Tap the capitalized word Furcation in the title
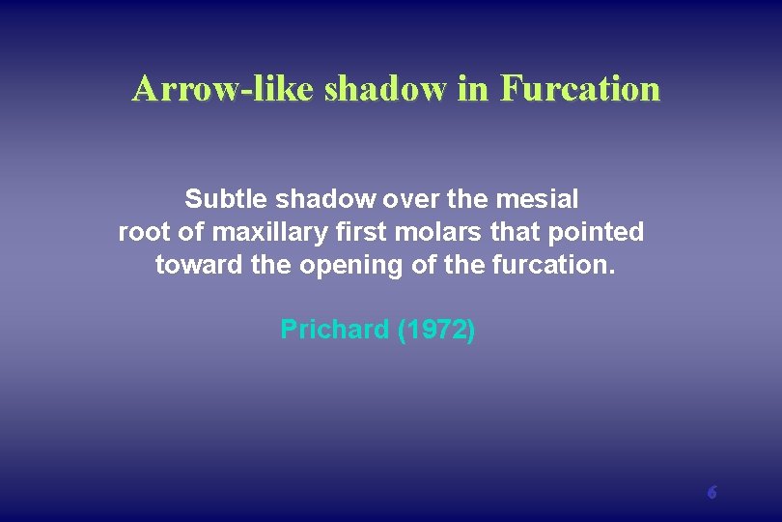579,89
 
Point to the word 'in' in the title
472,89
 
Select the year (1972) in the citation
436,330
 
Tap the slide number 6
712,492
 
